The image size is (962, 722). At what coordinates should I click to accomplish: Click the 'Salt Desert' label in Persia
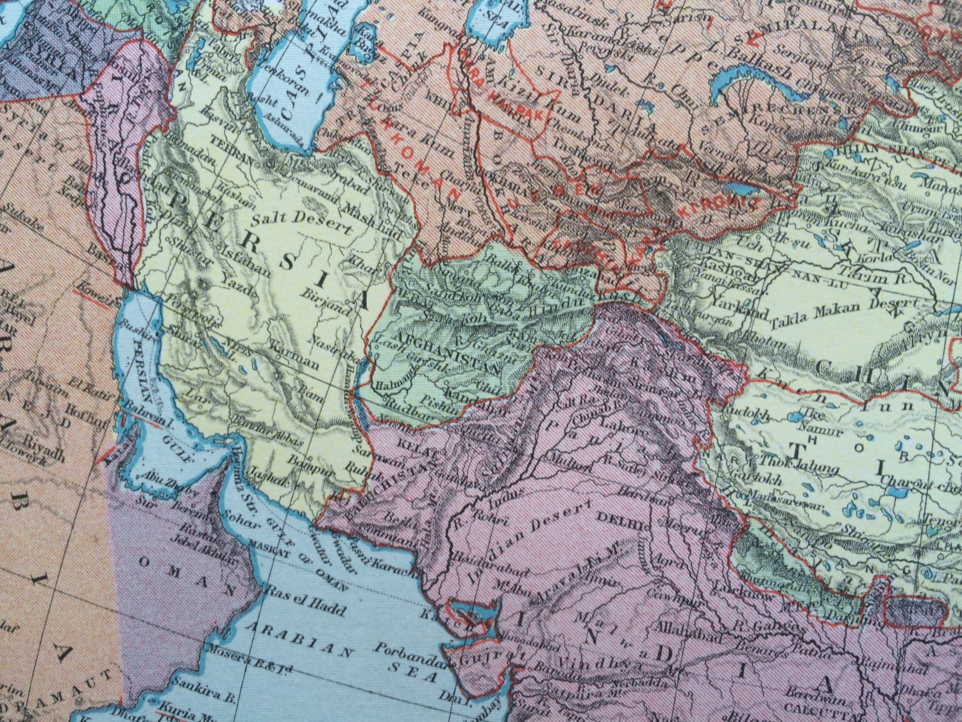pos(301,221)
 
